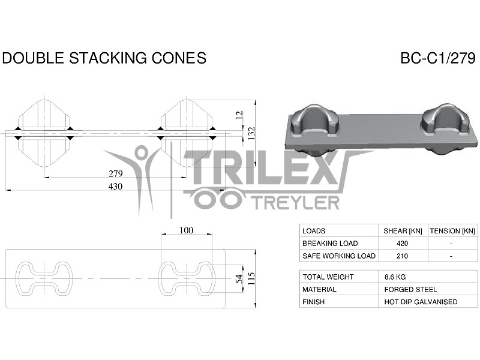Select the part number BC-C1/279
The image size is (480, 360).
(x=438, y=58)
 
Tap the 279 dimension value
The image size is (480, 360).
(x=115, y=173)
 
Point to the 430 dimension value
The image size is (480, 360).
(x=115, y=187)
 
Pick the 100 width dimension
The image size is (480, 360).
(x=186, y=230)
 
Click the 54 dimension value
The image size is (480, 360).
(x=238, y=278)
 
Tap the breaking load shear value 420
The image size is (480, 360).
(x=403, y=244)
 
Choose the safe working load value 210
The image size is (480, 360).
(x=403, y=256)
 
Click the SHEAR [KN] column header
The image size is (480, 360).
(x=403, y=231)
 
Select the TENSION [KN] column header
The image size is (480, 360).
(x=452, y=231)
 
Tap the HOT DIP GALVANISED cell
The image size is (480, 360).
(x=421, y=302)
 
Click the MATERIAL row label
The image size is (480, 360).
(x=319, y=290)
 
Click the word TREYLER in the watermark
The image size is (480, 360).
(x=294, y=203)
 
